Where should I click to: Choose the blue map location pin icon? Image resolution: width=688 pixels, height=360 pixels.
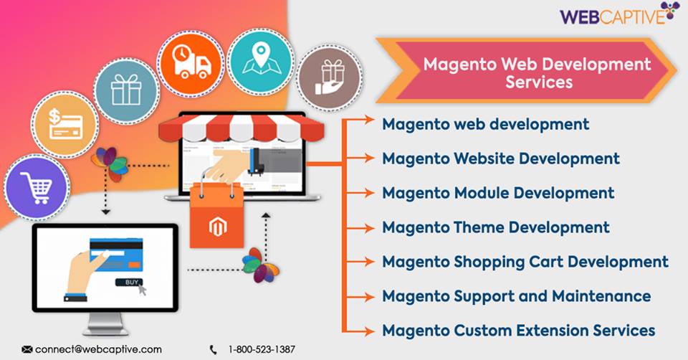pos(259,60)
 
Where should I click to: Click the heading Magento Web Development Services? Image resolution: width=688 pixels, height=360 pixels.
pos(537,72)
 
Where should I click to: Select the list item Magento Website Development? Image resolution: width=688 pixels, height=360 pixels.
pos(500,158)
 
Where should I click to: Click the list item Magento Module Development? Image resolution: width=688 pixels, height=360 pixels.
pos(497,192)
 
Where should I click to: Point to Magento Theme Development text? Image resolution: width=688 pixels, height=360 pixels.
pos(495,227)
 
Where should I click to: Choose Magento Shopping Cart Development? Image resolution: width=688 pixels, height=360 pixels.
pos(525,261)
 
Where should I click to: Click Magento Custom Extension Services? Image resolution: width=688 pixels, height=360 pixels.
pos(518,330)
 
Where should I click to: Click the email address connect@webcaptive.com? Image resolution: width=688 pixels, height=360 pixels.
pos(98,349)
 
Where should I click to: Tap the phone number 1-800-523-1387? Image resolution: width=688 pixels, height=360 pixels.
pos(262,349)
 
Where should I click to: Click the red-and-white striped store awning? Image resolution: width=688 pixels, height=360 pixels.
pos(230,128)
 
